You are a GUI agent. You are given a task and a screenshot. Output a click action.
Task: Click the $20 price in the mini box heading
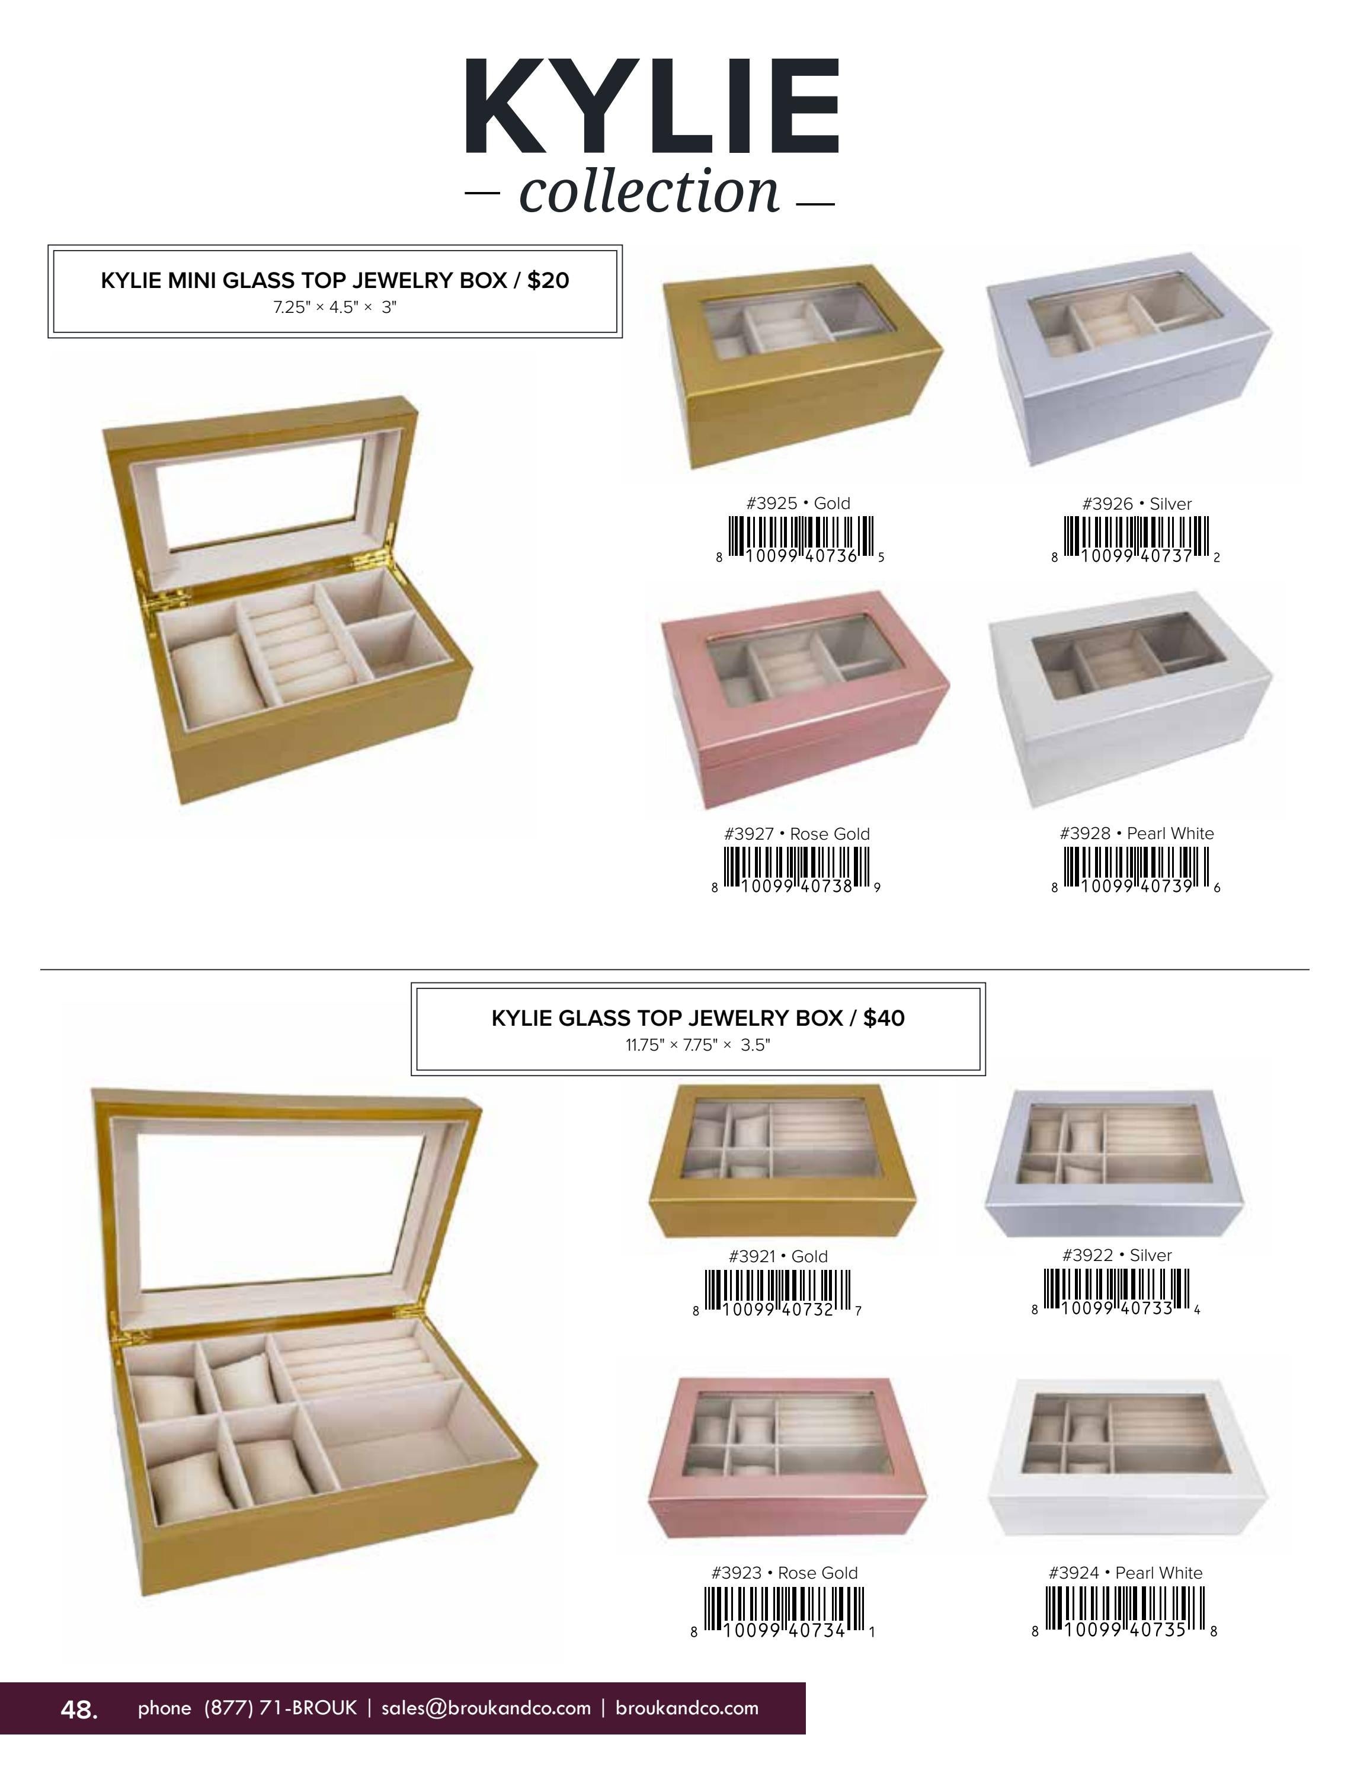548,280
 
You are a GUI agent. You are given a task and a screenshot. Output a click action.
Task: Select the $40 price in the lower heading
884,1018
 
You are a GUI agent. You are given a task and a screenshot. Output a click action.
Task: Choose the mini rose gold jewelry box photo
805,699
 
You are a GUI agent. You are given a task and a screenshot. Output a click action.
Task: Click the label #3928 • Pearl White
1137,834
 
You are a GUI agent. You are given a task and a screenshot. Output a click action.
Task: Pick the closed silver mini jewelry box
1129,359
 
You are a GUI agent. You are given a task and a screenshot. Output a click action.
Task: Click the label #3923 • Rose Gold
784,1573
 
